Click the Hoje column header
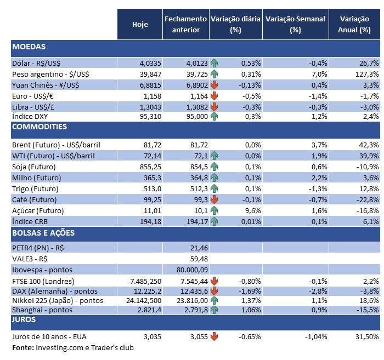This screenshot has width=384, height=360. (140, 25)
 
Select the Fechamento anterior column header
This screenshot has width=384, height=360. (186, 25)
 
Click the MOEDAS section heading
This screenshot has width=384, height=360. (29, 47)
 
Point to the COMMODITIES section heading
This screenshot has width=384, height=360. (39, 127)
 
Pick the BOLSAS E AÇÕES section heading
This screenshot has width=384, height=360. (43, 233)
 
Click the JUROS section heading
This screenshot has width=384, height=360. (24, 318)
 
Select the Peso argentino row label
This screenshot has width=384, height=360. (50, 74)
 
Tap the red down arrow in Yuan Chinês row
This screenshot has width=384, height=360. (214, 85)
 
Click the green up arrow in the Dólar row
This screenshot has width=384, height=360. (214, 64)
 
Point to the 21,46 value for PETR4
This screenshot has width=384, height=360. (198, 248)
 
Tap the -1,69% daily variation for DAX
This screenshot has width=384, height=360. (250, 290)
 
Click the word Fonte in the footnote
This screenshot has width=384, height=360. (22, 347)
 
